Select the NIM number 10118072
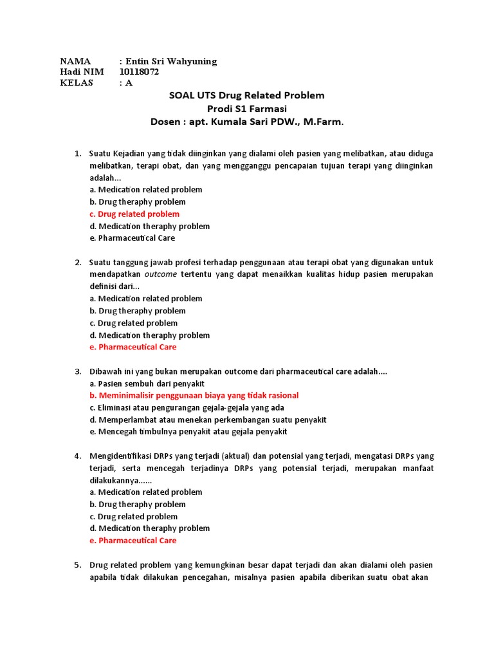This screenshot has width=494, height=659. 139,72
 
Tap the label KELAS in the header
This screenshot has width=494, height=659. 77,83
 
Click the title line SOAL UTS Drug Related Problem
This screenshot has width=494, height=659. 246,95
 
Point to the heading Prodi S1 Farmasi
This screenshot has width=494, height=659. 246,108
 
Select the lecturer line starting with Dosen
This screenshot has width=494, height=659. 246,122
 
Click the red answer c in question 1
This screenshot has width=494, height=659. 134,214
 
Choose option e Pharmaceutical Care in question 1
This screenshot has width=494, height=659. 132,238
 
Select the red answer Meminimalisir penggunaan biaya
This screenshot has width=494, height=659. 194,395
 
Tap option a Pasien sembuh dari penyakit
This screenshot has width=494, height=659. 138,384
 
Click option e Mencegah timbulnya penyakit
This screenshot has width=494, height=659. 188,432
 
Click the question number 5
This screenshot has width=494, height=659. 77,565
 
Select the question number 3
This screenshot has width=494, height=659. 77,371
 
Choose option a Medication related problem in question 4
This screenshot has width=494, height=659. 146,492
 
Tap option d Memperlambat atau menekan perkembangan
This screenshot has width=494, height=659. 208,420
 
